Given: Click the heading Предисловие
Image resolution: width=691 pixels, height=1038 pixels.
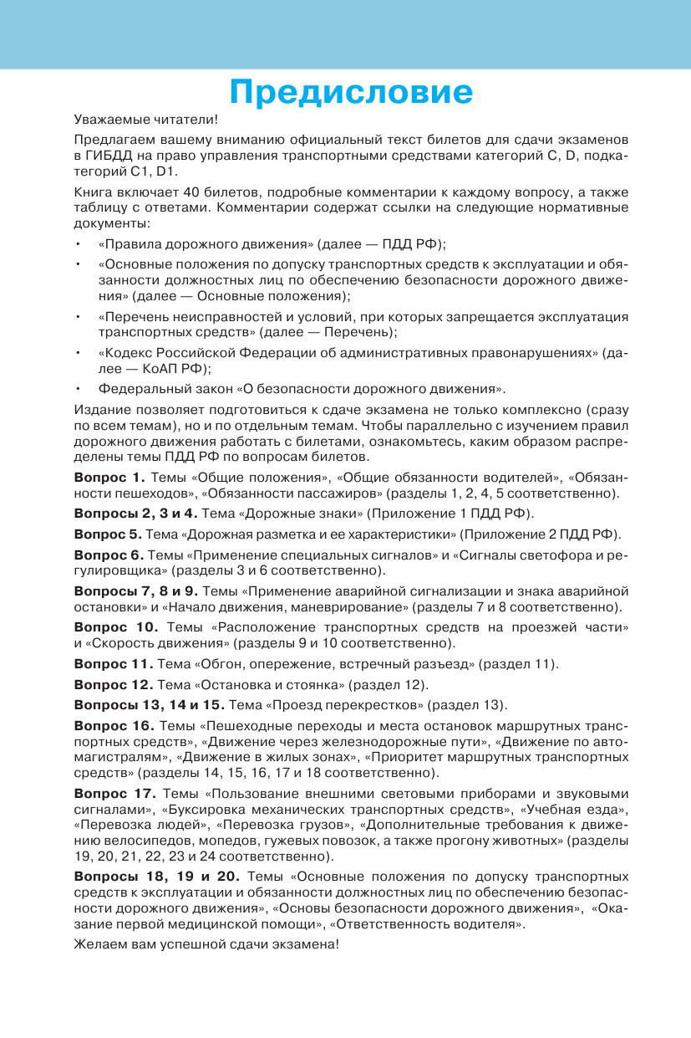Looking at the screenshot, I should (x=351, y=92).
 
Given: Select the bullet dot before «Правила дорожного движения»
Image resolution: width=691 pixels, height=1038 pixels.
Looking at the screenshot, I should (x=77, y=245).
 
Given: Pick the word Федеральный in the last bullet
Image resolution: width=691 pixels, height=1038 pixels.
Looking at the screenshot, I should (x=137, y=388).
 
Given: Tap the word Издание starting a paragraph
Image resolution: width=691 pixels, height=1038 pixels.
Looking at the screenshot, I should (x=99, y=411).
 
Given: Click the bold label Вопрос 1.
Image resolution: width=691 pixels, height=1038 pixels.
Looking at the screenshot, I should (x=109, y=478).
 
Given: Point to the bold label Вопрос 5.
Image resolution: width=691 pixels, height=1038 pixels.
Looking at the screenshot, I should (x=108, y=534).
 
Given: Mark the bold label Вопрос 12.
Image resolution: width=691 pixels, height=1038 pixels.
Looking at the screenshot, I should (x=114, y=685).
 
